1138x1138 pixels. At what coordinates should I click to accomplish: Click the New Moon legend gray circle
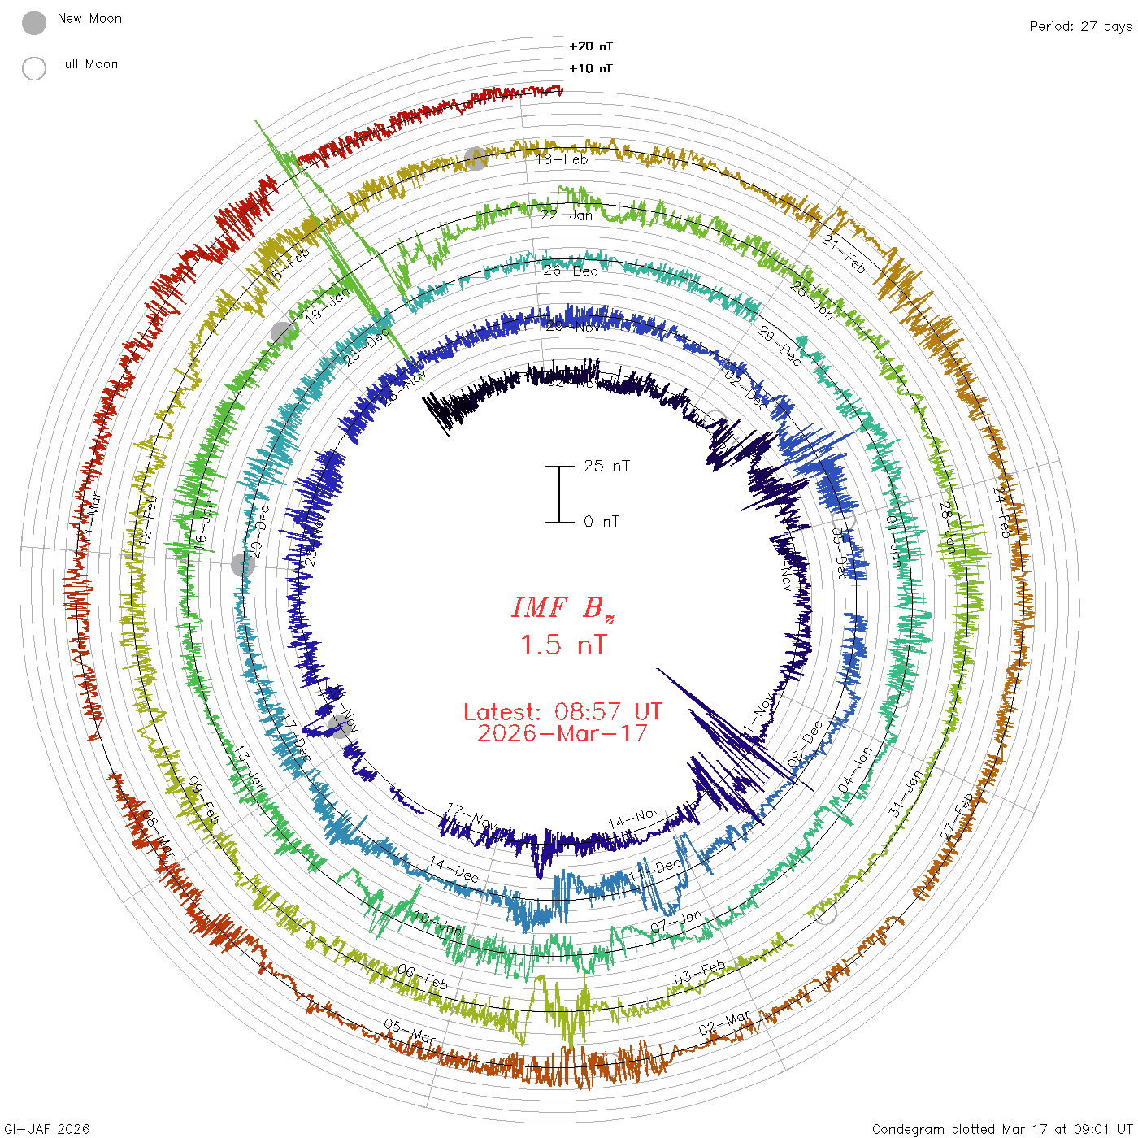point(34,23)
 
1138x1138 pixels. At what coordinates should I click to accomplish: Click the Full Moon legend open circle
point(34,68)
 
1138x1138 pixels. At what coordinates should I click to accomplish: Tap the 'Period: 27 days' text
point(1080,26)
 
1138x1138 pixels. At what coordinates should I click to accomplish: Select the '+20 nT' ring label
point(591,46)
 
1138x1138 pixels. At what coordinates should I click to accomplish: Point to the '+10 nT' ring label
point(591,68)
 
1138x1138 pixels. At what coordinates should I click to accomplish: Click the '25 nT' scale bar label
point(606,466)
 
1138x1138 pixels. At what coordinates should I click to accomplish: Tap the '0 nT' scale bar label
point(602,521)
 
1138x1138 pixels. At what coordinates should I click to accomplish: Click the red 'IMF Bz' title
point(562,608)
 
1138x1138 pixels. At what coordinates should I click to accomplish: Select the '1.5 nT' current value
point(562,645)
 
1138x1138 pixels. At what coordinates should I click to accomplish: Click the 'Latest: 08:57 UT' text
point(562,711)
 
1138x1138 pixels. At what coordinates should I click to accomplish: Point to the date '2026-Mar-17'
point(562,733)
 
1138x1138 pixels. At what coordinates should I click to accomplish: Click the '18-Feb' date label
point(562,159)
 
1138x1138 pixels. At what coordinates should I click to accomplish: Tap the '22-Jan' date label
point(567,215)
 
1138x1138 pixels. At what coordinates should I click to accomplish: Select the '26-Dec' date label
point(571,271)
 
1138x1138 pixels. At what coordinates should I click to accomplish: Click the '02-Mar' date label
point(725,1023)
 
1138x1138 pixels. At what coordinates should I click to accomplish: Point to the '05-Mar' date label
point(410,1032)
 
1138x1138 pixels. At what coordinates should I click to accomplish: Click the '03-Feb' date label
point(700,972)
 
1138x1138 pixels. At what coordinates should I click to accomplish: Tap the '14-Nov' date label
point(634,818)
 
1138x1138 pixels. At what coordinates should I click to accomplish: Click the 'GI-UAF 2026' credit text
point(46,1129)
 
